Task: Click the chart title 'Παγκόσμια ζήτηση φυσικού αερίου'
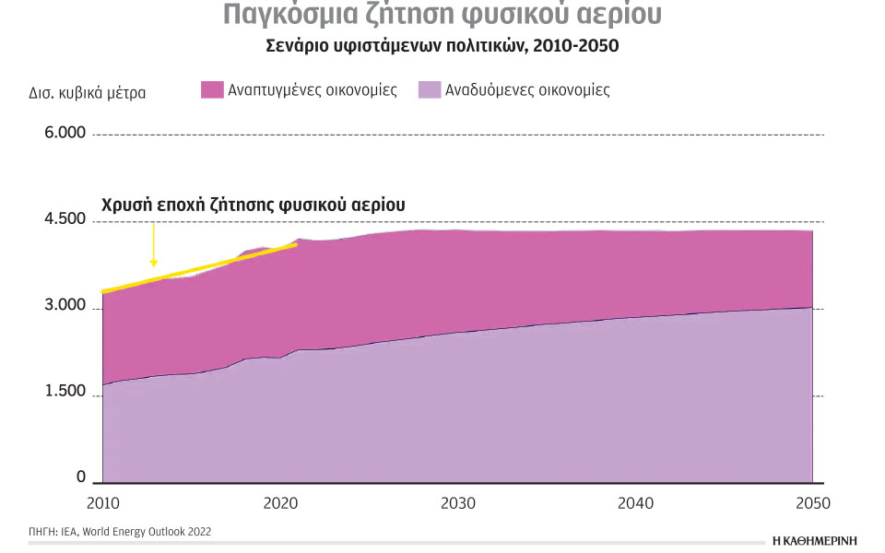(442, 16)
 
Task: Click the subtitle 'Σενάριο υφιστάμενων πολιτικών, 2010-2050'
(442, 45)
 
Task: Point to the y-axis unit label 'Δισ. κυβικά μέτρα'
(88, 92)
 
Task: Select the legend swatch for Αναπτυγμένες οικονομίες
(212, 90)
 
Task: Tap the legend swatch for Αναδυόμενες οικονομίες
(429, 90)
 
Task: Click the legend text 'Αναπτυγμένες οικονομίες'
(313, 90)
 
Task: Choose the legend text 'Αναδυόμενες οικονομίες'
(527, 90)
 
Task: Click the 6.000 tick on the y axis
(65, 133)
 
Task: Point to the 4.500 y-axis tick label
(65, 219)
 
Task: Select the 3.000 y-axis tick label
(65, 306)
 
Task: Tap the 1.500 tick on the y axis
(65, 392)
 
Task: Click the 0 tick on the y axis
(80, 478)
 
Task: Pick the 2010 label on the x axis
(101, 503)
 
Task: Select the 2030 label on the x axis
(457, 503)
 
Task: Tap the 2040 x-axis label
(635, 503)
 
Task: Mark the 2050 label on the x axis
(812, 503)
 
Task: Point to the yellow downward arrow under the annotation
(154, 246)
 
